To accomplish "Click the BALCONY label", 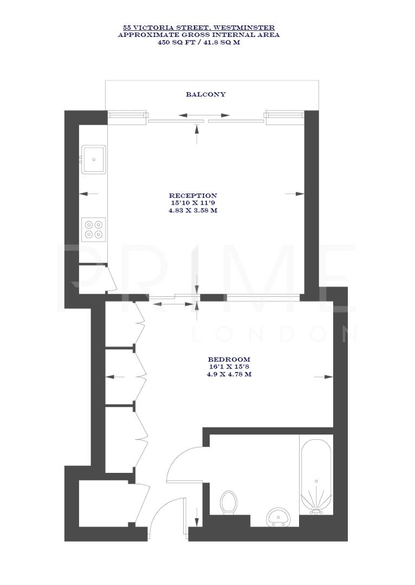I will click(206, 94).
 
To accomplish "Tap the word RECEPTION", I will click(193, 196).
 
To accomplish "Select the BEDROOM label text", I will click(229, 359).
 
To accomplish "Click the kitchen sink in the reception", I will click(94, 159).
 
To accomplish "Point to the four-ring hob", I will click(94, 229).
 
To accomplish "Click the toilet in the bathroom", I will click(229, 502).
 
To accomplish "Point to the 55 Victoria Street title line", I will click(199, 28).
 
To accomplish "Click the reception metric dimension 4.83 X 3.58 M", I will click(193, 210).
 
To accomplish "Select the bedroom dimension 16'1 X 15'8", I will click(229, 367).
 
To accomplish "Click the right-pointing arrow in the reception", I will click(296, 194).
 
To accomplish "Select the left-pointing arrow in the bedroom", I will click(115, 377).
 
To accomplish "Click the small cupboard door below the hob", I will click(111, 278).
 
